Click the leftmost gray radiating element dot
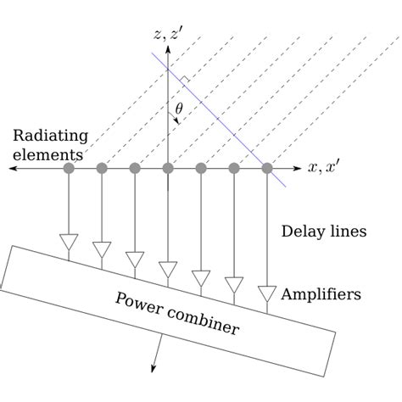69,168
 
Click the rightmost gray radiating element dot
267,168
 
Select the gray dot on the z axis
168,168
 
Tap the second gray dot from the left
102,168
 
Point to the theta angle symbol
179,109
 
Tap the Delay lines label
324,231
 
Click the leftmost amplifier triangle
69,242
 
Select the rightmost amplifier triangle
267,293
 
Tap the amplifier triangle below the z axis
168,269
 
